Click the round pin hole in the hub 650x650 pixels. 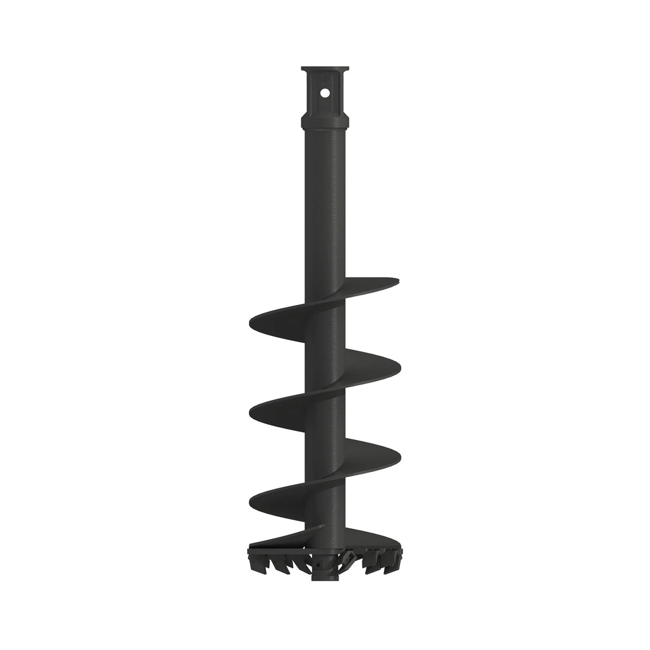pyautogui.click(x=324, y=93)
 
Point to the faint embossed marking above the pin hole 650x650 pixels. pyautogui.click(x=325, y=80)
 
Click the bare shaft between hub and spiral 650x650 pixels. pyautogui.click(x=324, y=206)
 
